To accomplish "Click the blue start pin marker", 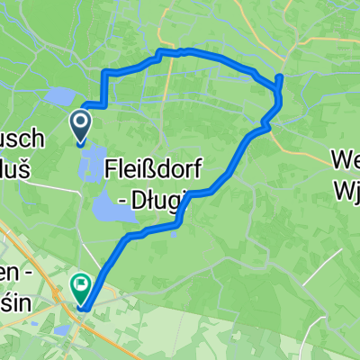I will tap(80, 126).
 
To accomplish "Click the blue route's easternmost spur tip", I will tap(280, 77).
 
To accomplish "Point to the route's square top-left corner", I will tap(106, 71).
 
